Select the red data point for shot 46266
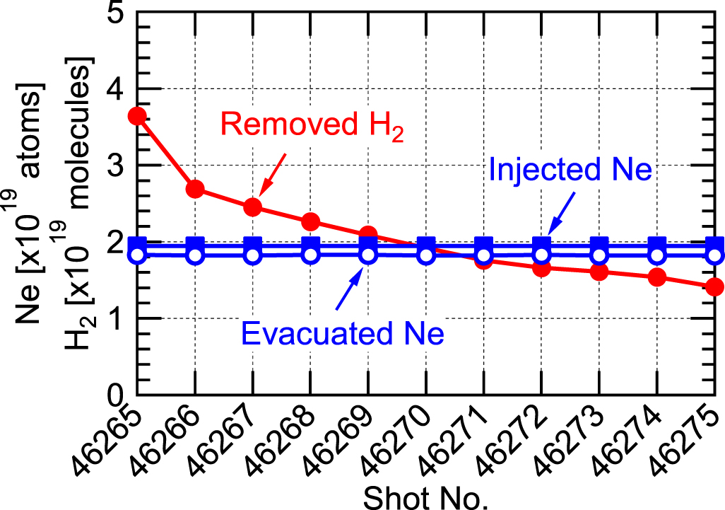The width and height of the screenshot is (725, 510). (x=195, y=189)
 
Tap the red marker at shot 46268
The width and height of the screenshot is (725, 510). (x=310, y=222)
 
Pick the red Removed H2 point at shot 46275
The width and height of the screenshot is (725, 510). (x=715, y=286)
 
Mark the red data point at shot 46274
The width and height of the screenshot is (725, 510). (x=657, y=277)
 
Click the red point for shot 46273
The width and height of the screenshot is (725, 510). (x=599, y=272)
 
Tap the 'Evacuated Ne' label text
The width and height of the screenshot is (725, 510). (x=343, y=332)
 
